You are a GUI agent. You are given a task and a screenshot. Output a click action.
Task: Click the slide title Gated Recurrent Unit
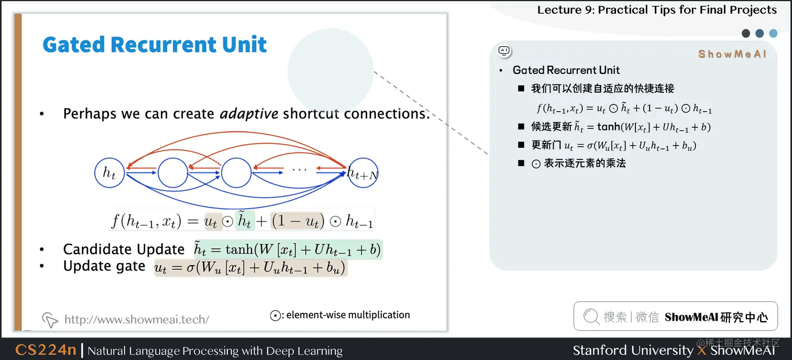coord(155,45)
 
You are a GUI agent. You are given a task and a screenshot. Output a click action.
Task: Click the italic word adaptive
coord(249,114)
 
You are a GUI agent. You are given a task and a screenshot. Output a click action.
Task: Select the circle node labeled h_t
coord(109,172)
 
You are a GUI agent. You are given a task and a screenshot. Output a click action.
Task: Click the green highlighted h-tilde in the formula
coord(245,221)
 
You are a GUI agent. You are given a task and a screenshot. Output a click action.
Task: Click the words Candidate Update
coord(124,249)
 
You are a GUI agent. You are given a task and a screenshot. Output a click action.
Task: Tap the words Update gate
coord(104,266)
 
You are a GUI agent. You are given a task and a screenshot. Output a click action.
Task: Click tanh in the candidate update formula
coord(239,249)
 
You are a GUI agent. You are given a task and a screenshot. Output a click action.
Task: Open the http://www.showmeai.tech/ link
coord(136,319)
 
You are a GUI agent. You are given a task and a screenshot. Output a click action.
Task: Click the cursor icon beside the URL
coord(50,320)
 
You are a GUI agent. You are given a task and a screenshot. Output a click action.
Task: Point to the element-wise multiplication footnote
coord(340,315)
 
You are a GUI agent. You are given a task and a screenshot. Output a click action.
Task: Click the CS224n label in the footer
coord(46,350)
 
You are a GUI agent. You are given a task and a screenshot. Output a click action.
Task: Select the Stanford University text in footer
coord(633,350)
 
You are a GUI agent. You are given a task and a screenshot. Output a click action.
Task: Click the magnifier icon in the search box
coord(591,317)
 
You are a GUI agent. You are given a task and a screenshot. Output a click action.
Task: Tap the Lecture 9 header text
coord(657,10)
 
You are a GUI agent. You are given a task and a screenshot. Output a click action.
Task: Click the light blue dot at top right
coord(773,34)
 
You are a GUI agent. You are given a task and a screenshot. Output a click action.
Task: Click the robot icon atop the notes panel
coord(504,51)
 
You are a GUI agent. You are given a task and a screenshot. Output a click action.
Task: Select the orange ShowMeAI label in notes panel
coord(732,54)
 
